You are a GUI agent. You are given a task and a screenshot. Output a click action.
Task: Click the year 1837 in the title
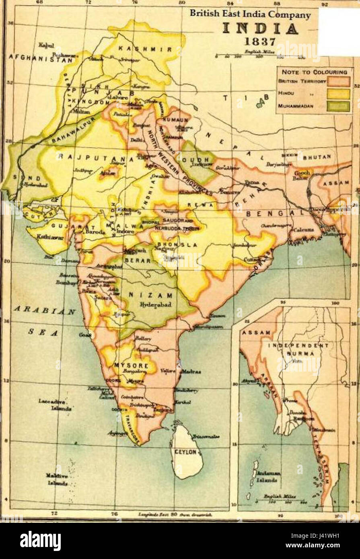[x=259, y=42]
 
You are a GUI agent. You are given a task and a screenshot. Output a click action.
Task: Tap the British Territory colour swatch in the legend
[x=338, y=81]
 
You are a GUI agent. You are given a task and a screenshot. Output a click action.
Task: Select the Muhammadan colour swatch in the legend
[x=338, y=107]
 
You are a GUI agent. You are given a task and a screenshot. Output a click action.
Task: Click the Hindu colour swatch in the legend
[x=338, y=94]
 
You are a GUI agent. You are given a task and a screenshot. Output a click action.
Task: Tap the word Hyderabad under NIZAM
[x=156, y=304]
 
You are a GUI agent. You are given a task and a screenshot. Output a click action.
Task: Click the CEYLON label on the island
[x=185, y=452]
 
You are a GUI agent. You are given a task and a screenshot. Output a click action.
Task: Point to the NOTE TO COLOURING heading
[x=314, y=72]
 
